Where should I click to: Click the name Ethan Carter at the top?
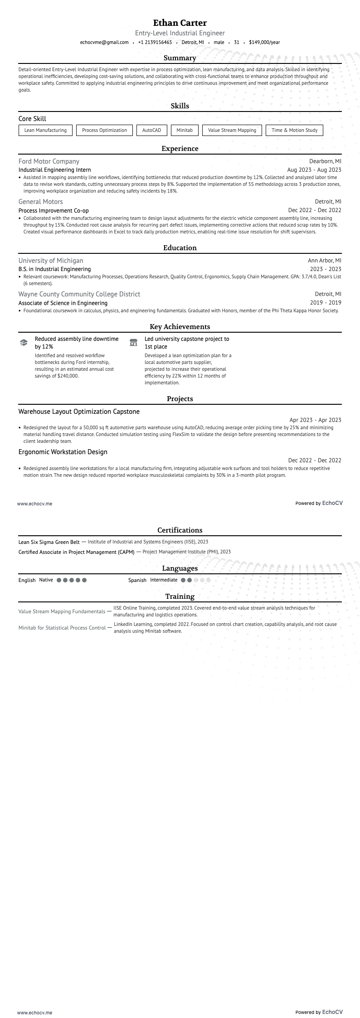(180, 23)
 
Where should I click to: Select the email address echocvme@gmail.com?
(104, 43)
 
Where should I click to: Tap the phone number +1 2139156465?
(155, 43)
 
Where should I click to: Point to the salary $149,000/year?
(264, 43)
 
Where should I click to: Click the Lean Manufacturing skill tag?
(45, 131)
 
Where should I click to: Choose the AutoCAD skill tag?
(151, 131)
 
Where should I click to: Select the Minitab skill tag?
(185, 131)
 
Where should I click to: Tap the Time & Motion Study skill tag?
(294, 131)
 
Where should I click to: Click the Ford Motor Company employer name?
(49, 161)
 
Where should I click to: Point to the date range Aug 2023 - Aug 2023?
(314, 170)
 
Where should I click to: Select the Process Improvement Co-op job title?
(54, 211)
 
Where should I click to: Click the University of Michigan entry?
(51, 261)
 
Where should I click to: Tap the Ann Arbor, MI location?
(324, 261)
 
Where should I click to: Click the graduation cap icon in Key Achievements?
(24, 343)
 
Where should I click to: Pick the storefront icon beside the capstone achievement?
(133, 343)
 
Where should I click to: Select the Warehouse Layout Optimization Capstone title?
(79, 412)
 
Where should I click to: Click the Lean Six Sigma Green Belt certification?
(49, 542)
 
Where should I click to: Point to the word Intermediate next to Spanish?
(164, 580)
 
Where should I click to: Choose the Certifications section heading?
(180, 530)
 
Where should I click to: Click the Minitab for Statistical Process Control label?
(62, 628)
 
